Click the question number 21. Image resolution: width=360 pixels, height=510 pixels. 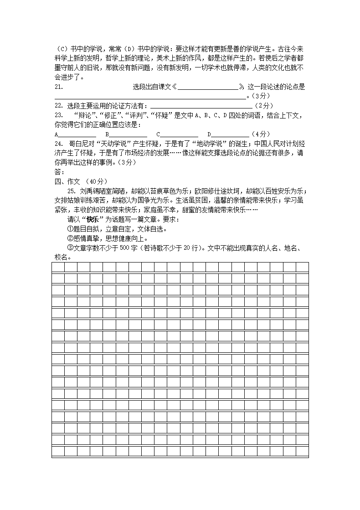pos(58,87)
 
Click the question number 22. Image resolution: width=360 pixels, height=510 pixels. pos(58,106)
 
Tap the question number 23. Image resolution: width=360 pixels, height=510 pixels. pos(58,115)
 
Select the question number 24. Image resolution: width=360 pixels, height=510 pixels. pos(58,144)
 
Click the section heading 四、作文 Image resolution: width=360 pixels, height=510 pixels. pos(67,181)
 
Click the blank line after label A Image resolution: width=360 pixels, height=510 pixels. pos(77,135)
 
